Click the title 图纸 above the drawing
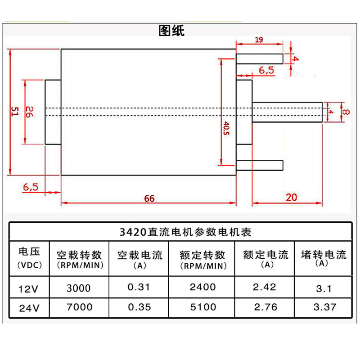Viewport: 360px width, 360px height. pyautogui.click(x=171, y=31)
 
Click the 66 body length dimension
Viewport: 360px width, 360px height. pyautogui.click(x=149, y=198)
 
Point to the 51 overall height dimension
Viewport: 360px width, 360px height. pyautogui.click(x=14, y=112)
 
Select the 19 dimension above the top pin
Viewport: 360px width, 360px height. pyautogui.click(x=259, y=40)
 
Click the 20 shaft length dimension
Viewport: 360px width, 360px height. pyautogui.click(x=292, y=198)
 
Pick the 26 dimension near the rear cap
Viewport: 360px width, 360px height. pyautogui.click(x=29, y=112)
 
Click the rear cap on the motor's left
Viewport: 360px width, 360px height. pyautogui.click(x=53, y=112)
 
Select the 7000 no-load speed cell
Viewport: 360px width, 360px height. pyautogui.click(x=79, y=307)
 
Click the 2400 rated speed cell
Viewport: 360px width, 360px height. pyautogui.click(x=202, y=287)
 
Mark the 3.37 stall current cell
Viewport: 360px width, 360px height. pyautogui.click(x=324, y=307)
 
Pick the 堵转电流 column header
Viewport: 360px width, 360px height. pyautogui.click(x=324, y=255)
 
